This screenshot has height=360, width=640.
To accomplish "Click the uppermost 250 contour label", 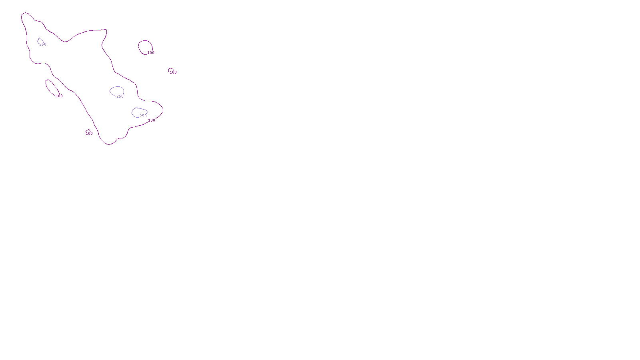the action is coord(43,44).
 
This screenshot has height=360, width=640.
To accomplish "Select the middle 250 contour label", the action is coord(120,96).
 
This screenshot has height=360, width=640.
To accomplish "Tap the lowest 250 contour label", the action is coord(143,116).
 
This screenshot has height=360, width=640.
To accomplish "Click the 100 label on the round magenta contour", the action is coord(151,53).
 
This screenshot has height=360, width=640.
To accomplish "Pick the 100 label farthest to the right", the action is coord(173,72).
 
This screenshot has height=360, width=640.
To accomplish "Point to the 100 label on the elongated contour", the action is coord(59,96).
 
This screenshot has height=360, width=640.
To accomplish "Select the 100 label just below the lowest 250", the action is coord(152,120).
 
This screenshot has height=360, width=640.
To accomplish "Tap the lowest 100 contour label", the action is coord(89,134).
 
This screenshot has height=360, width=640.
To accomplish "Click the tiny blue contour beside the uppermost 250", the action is coord(39,40).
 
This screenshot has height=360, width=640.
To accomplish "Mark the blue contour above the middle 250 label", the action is coord(116,87).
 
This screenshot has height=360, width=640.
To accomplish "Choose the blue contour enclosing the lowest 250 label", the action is coord(132,112).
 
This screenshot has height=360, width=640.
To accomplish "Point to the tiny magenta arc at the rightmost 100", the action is coord(170,69).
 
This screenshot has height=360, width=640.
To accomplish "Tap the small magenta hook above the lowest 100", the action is coord(88,130).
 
